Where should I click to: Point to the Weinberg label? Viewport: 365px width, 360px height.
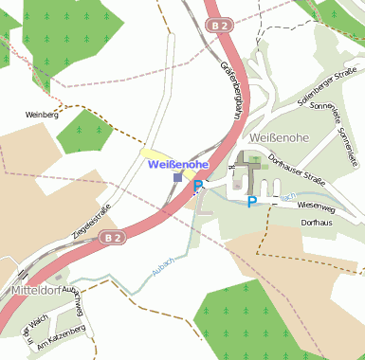[x=42, y=115]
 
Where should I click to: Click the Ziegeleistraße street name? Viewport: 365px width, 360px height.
[x=92, y=220]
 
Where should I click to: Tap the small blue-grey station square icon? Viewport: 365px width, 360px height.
[x=177, y=177]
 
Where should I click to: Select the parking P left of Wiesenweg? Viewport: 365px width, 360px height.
[x=251, y=202]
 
